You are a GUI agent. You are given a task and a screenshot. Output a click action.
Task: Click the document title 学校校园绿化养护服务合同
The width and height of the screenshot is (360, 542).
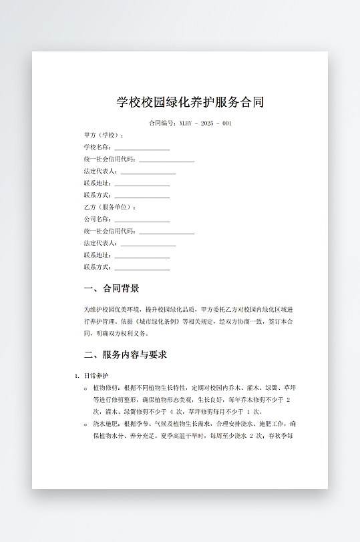[x=190, y=102]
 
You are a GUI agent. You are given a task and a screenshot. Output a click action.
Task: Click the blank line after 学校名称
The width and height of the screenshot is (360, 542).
[x=142, y=148]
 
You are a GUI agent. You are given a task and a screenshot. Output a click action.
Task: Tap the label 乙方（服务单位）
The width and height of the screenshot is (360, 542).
[x=109, y=208]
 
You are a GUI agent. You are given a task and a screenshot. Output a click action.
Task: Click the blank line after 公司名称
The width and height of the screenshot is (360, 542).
[x=142, y=220]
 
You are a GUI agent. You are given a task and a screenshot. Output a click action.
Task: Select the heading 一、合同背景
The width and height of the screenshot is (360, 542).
[x=112, y=289]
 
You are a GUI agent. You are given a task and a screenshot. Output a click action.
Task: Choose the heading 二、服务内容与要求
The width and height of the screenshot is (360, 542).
[x=125, y=354]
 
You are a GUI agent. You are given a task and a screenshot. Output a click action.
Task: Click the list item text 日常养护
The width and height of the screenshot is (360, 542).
[x=97, y=376]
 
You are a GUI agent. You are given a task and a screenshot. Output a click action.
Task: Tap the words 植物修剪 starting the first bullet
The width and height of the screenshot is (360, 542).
[x=104, y=388]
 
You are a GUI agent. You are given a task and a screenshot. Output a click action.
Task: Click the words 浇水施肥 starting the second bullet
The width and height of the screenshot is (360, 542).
[x=104, y=424]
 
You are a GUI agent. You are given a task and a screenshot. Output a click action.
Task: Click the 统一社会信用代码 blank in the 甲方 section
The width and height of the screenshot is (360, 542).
[x=166, y=160]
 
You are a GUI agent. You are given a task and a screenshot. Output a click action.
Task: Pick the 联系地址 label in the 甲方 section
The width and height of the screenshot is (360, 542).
[x=98, y=184]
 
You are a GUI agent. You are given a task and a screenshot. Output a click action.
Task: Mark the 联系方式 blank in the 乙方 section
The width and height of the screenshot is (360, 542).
[x=142, y=268]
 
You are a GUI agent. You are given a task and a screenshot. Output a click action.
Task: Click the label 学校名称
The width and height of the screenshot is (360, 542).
[x=98, y=148]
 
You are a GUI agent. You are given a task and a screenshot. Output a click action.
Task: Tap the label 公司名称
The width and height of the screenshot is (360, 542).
[x=98, y=220]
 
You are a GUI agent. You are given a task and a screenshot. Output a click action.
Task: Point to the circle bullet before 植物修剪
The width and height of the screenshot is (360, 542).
[x=85, y=388]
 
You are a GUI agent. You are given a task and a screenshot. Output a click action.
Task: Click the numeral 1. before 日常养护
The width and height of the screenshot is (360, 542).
[x=77, y=376]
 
